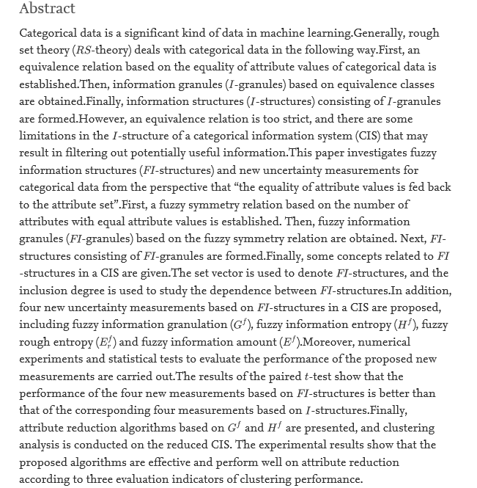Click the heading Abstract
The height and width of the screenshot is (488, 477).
tap(47, 9)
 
